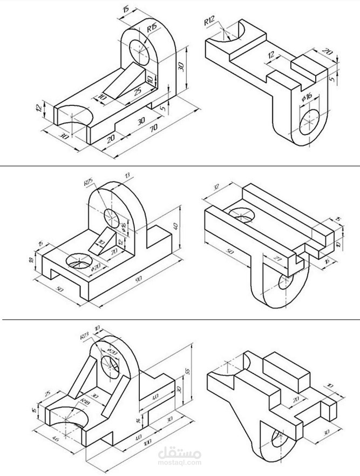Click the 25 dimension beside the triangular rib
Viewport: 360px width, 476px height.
tap(138, 92)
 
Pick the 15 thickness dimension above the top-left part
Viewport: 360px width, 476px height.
tap(126, 10)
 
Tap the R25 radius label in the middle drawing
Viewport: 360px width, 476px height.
tap(89, 183)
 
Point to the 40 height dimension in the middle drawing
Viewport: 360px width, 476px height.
tap(175, 226)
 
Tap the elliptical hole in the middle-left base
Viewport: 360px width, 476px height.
tap(78, 262)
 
